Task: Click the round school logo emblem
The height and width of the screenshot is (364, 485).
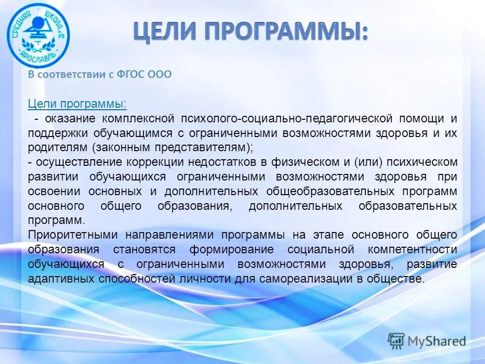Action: tap(38, 35)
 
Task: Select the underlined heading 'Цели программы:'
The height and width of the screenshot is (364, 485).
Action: tap(77, 104)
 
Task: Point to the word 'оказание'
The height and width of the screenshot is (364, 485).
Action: tap(70, 119)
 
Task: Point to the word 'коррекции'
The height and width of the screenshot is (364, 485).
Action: tap(160, 162)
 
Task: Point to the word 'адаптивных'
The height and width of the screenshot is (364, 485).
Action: tap(60, 279)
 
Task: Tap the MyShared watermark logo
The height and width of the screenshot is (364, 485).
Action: tap(427, 341)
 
